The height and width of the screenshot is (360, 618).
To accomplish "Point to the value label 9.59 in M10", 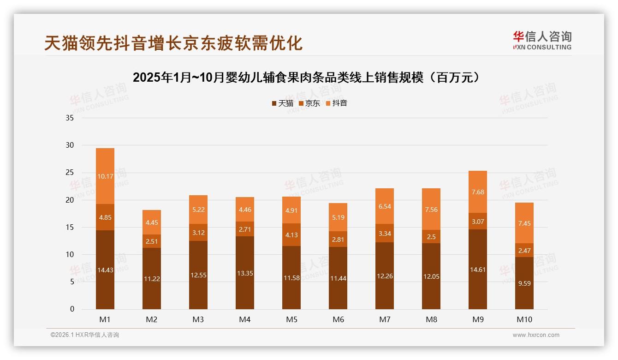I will [x=524, y=284].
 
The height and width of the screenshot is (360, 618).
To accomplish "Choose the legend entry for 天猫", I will [x=282, y=103].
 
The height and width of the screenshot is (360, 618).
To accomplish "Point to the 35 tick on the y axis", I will [x=70, y=118].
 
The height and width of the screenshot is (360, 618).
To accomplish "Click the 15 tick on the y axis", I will [x=70, y=228].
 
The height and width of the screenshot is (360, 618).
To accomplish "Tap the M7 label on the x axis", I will [x=385, y=319].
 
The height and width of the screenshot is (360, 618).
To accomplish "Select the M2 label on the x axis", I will [x=152, y=319].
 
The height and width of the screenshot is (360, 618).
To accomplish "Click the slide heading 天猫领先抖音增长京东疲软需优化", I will [x=173, y=43].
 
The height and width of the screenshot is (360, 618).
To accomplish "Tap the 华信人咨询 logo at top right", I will [x=542, y=40].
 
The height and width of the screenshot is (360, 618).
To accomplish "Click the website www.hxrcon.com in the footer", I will [x=536, y=335].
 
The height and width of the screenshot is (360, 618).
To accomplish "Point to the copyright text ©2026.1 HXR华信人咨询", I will [x=85, y=335].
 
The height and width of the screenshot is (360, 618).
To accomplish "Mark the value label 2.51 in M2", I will [x=152, y=241].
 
